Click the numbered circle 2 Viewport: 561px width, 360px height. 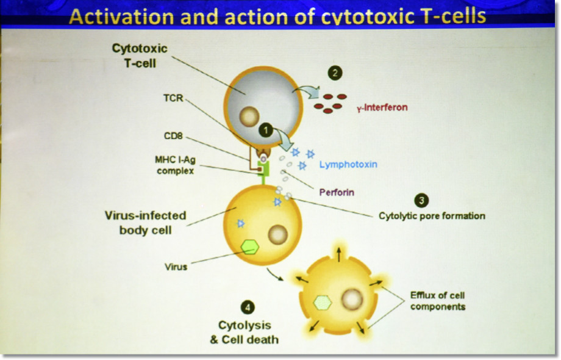tap(335, 73)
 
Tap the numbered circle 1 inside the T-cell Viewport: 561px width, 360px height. tap(265, 131)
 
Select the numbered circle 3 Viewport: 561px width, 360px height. tap(421, 200)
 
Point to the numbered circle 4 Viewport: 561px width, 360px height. tap(248, 307)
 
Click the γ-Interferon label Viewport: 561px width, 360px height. tap(382, 107)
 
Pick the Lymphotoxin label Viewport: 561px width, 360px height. tap(348, 165)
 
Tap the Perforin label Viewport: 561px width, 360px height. tap(337, 193)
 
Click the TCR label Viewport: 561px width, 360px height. tap(173, 98)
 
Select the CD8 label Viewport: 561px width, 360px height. tap(173, 136)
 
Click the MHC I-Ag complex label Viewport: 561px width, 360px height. tap(175, 165)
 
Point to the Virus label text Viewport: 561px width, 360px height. tap(176, 267)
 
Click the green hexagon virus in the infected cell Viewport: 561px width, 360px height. tap(250, 247)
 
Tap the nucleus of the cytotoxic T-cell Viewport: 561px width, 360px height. tap(249, 117)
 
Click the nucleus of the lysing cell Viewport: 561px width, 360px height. tap(352, 299)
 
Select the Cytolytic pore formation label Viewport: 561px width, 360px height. tap(432, 216)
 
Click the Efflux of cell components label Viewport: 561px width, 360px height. tap(438, 301)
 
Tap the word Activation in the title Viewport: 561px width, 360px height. tap(121, 16)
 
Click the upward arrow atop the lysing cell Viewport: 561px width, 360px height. tap(339, 254)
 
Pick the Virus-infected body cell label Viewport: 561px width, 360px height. tap(145, 223)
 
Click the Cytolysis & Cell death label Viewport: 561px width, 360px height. tap(245, 332)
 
